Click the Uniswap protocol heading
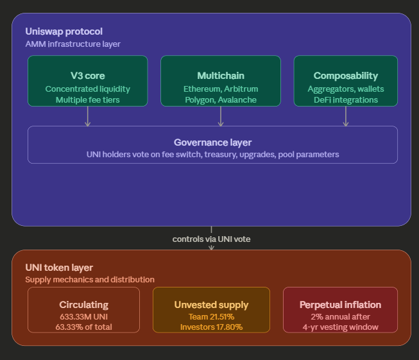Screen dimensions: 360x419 [64, 31]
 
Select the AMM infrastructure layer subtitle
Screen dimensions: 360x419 [73, 44]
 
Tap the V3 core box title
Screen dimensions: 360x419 [87, 76]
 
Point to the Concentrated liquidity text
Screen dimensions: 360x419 [87, 89]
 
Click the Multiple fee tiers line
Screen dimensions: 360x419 [87, 99]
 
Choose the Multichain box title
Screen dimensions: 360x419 [220, 76]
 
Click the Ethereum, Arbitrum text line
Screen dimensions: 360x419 [220, 89]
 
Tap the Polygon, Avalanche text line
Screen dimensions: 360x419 [220, 99]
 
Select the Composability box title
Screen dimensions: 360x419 [345, 76]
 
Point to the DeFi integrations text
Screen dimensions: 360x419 [345, 99]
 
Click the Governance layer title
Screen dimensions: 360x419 [212, 142]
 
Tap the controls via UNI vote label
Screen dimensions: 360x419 [211, 239]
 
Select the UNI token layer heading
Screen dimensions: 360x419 [59, 268]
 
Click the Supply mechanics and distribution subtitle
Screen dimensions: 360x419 [90, 280]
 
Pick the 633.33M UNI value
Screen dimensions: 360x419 [83, 316]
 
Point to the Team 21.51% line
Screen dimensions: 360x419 [211, 316]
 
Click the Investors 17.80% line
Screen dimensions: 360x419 [211, 327]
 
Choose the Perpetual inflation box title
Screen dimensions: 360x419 [340, 305]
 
